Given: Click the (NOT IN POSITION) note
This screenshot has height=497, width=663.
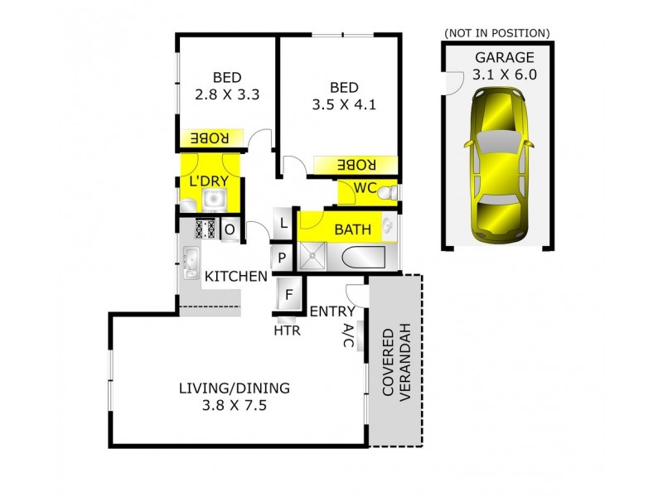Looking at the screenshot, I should tap(497, 32).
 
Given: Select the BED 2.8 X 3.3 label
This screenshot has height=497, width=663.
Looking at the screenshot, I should tap(227, 86).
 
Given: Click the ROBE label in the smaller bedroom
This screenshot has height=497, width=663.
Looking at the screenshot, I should tap(211, 137).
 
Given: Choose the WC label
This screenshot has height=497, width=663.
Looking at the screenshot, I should tap(365, 188).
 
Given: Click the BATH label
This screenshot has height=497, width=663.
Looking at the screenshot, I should tap(352, 229).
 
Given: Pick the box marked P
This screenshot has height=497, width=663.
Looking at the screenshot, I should tap(283, 258).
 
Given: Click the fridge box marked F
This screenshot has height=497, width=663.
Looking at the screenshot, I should tap(289, 294).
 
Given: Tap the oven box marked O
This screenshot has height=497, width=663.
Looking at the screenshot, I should tap(230, 229).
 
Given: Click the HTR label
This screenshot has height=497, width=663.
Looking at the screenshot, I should tap(288, 331).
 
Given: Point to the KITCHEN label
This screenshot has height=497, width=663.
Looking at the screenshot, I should tap(235, 277).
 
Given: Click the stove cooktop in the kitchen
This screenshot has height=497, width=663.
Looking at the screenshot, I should tap(205, 228).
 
